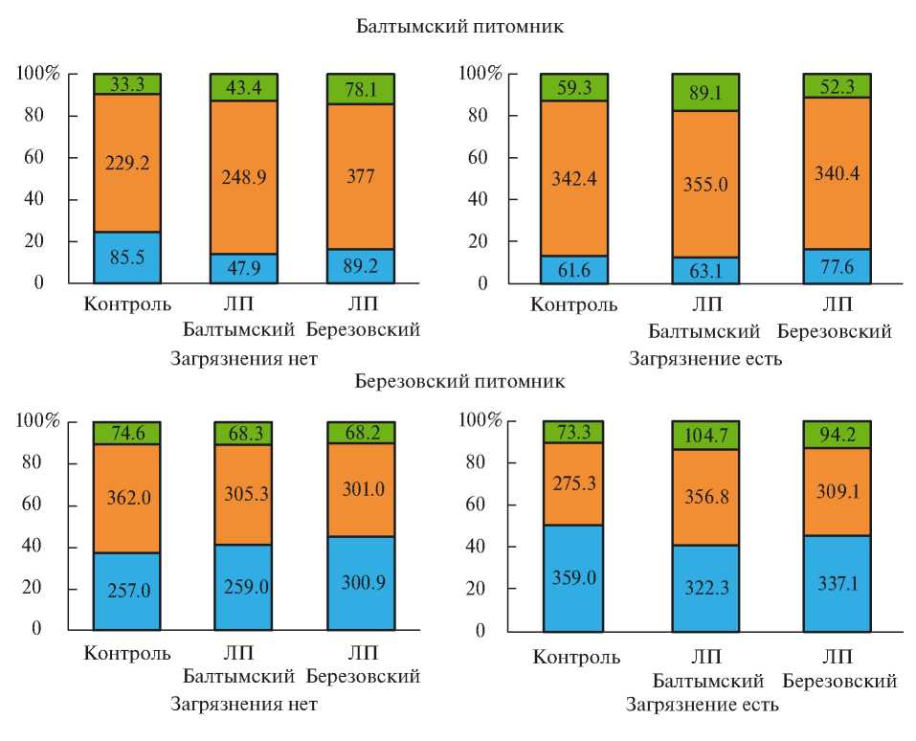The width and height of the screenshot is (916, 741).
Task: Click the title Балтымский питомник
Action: click(459, 27)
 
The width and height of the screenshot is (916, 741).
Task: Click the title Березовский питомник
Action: click(459, 381)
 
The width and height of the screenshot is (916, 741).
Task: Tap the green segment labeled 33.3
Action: click(126, 83)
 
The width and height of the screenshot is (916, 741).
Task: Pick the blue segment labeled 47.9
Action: click(243, 268)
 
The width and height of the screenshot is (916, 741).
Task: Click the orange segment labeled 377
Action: click(360, 176)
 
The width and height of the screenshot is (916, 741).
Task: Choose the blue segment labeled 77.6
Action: click(837, 266)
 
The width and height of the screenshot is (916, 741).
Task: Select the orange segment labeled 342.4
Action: click(574, 178)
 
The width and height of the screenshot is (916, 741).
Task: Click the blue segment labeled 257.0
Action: click(126, 591)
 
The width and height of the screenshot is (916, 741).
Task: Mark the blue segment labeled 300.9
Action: click(360, 583)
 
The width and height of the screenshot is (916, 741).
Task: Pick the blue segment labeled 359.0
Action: click(574, 578)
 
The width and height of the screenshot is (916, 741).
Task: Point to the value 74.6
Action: click(126, 433)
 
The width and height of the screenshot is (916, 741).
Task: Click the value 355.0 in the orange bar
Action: click(704, 184)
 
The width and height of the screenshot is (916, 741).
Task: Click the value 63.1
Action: click(704, 271)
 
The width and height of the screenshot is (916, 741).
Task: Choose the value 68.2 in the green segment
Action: click(360, 433)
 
